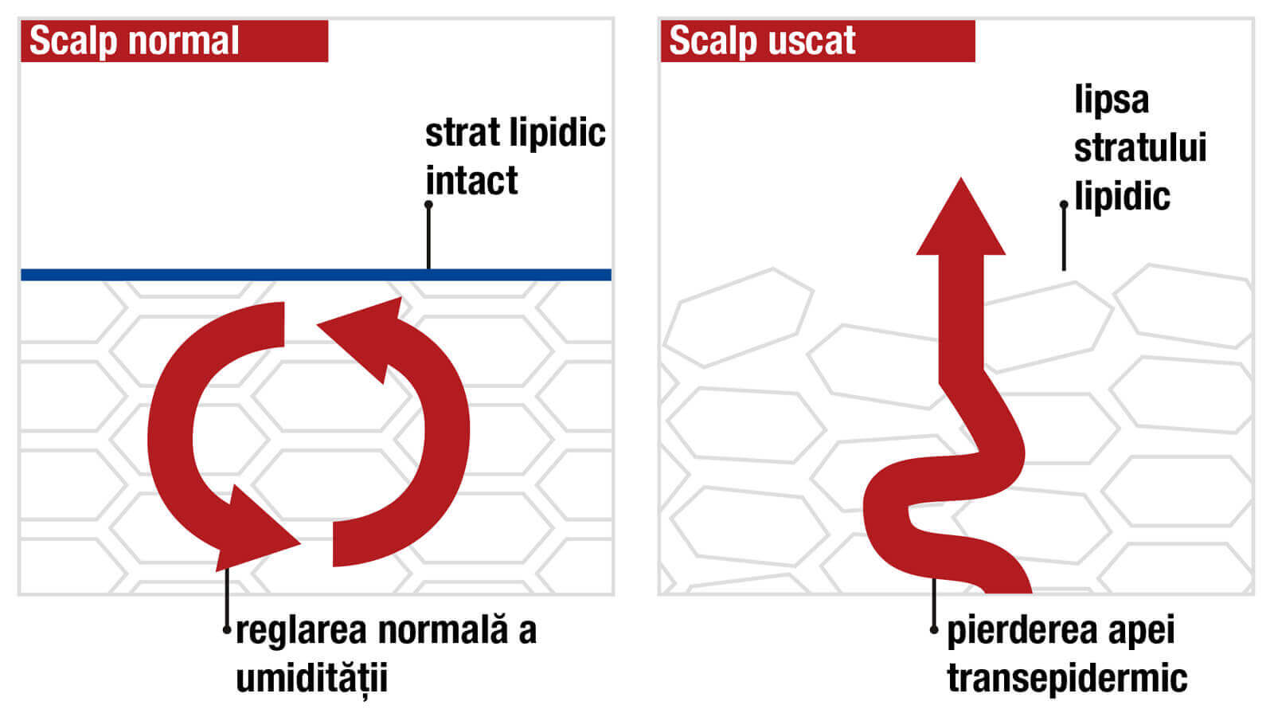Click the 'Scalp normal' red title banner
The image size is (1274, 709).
(174, 41)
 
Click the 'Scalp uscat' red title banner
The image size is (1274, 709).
(817, 41)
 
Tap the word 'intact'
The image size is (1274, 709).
(471, 181)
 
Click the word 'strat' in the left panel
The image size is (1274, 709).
(455, 132)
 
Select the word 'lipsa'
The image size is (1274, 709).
(1112, 100)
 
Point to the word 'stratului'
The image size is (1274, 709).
(1140, 148)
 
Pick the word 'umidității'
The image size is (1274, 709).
(312, 679)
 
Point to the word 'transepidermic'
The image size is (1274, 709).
(1067, 679)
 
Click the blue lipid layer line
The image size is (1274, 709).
(239, 275)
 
